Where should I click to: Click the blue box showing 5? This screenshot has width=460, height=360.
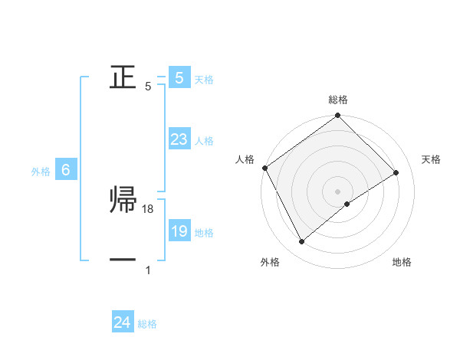[x=179, y=78]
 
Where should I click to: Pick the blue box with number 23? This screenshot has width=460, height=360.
[x=179, y=139]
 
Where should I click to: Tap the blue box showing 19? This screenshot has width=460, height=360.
[x=179, y=231]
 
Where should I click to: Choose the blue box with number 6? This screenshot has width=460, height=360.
[x=66, y=170]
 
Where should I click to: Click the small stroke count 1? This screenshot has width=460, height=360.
[x=148, y=270]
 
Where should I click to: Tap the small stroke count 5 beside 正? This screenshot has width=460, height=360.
[x=148, y=87]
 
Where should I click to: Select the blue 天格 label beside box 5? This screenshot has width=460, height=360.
[x=204, y=79]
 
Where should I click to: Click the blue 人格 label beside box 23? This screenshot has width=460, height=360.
[x=204, y=141]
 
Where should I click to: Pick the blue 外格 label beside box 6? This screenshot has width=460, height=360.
[x=41, y=172]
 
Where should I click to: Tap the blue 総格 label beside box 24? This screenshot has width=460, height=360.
[x=147, y=324]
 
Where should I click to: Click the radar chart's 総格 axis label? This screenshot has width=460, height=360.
[x=338, y=100]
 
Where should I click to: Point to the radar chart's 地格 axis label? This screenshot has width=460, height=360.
[x=402, y=263]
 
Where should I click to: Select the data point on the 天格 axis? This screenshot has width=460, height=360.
[x=396, y=172]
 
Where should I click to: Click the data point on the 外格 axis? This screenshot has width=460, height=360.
[x=302, y=242]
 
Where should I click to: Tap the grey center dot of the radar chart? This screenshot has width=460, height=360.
[x=338, y=191]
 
